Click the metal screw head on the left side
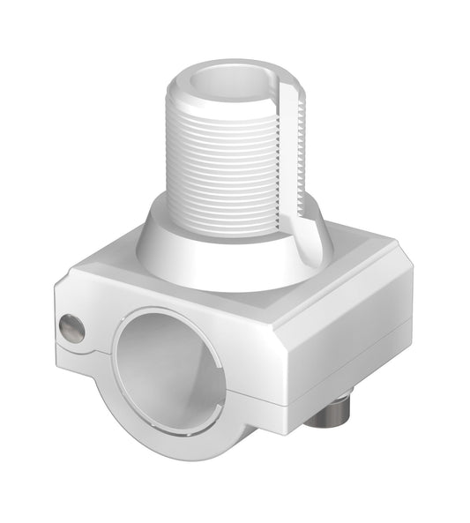click(x=71, y=329)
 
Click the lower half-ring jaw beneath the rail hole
click(x=190, y=437)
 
